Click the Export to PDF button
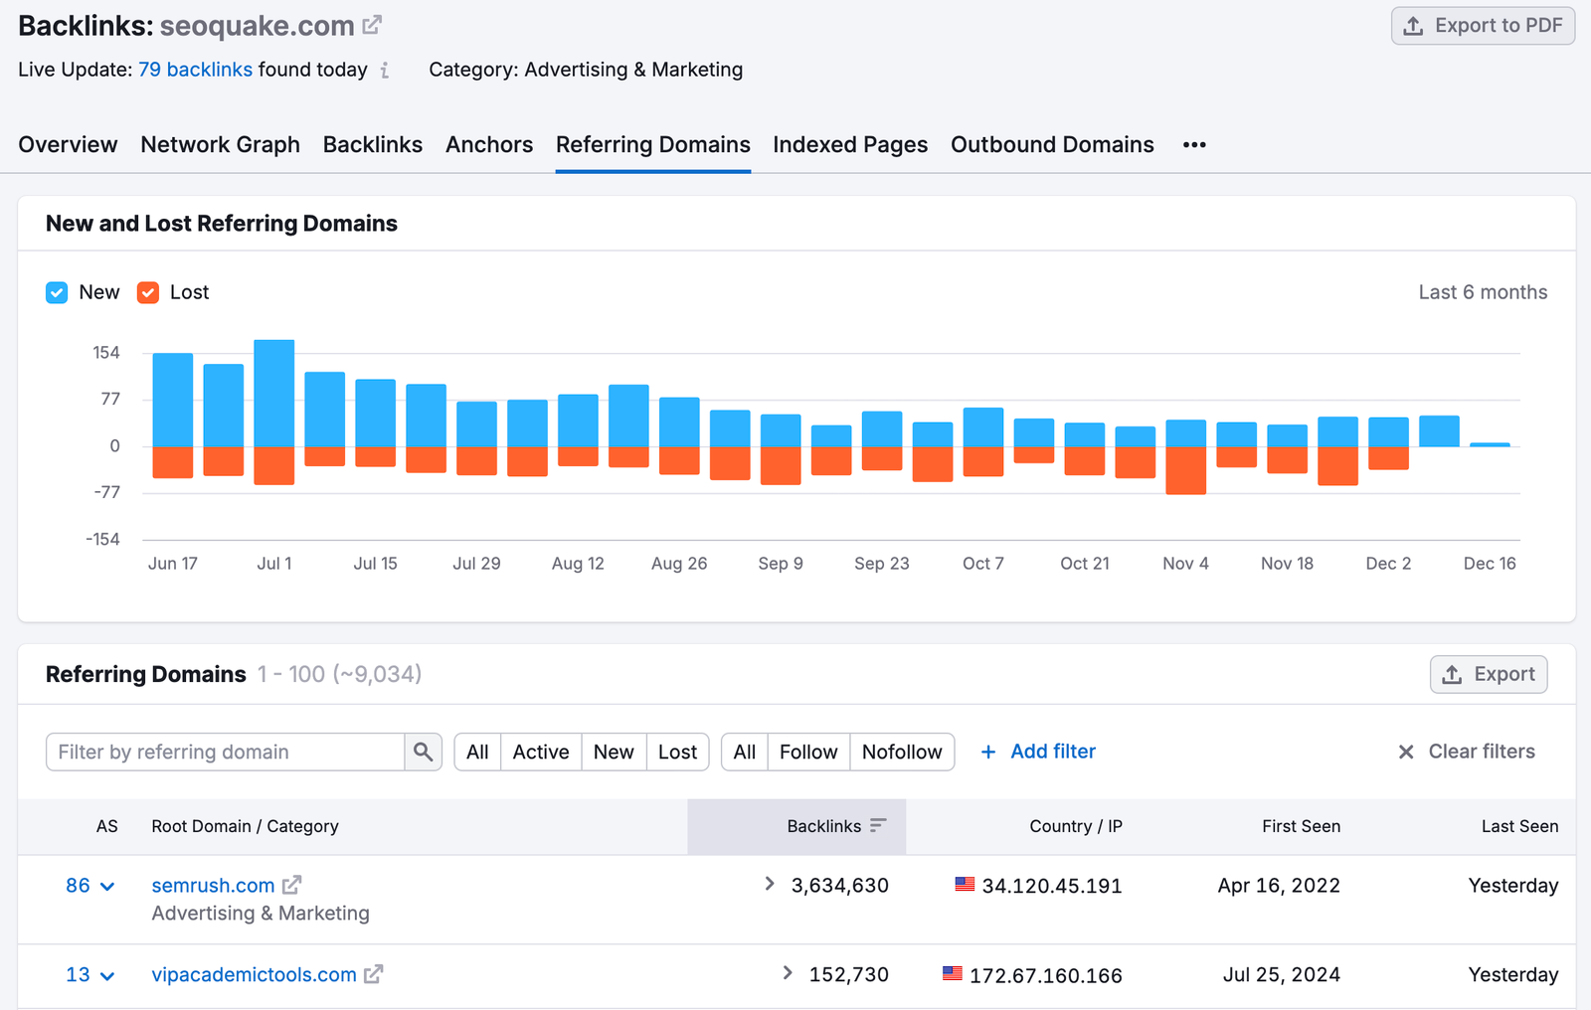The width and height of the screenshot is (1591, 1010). [1483, 26]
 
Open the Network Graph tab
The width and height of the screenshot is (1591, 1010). [220, 145]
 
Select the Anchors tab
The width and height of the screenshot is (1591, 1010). [488, 145]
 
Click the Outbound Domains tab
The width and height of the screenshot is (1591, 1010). [1052, 145]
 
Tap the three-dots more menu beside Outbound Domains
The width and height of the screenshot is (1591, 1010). [1194, 145]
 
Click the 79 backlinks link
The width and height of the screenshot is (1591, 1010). [195, 70]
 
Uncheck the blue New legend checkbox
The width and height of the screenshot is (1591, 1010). [57, 292]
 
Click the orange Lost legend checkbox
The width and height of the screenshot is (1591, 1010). [148, 292]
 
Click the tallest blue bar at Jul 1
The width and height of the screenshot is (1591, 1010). [273, 393]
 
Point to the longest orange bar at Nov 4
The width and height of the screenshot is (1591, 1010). [1185, 470]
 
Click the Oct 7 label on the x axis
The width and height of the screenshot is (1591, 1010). [982, 564]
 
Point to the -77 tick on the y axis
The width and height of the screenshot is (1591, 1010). [106, 493]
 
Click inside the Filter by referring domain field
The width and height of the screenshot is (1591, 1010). [225, 752]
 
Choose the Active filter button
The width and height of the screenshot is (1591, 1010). [540, 752]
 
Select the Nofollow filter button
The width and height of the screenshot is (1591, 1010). [901, 752]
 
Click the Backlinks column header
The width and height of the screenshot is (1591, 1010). [824, 826]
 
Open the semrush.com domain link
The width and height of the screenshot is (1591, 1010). [213, 886]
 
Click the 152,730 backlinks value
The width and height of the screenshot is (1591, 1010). [848, 975]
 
